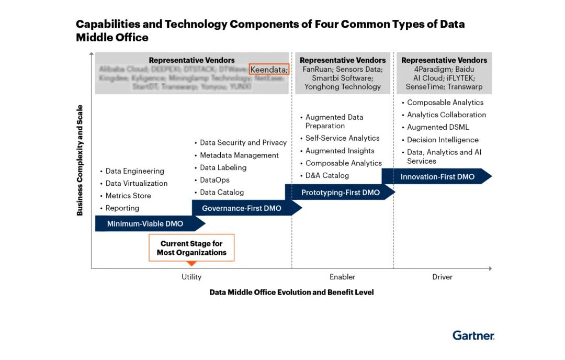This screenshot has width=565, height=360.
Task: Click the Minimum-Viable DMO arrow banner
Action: click(x=145, y=224)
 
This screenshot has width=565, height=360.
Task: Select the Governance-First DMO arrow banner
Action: click(x=242, y=208)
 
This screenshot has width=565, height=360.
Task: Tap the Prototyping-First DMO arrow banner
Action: click(x=341, y=193)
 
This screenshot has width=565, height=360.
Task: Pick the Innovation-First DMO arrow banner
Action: click(x=437, y=177)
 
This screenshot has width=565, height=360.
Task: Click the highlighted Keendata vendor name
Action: click(x=268, y=70)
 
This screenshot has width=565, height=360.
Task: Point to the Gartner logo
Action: click(x=473, y=335)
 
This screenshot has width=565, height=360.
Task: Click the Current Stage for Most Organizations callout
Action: click(x=191, y=248)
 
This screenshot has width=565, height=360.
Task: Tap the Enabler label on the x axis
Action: click(x=343, y=277)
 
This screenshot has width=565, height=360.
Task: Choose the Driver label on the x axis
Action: click(x=442, y=277)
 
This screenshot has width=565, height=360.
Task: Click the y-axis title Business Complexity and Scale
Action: click(x=80, y=160)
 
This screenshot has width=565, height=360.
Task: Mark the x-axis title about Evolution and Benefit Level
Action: click(x=291, y=292)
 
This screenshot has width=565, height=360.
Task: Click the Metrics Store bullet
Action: click(x=128, y=196)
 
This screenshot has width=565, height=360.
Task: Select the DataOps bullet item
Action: click(x=214, y=180)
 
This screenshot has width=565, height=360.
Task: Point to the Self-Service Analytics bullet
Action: click(x=342, y=138)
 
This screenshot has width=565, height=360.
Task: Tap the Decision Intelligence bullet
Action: click(x=443, y=140)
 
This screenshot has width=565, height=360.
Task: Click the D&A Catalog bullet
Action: click(x=327, y=176)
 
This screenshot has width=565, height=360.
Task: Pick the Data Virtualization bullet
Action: click(x=137, y=183)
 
